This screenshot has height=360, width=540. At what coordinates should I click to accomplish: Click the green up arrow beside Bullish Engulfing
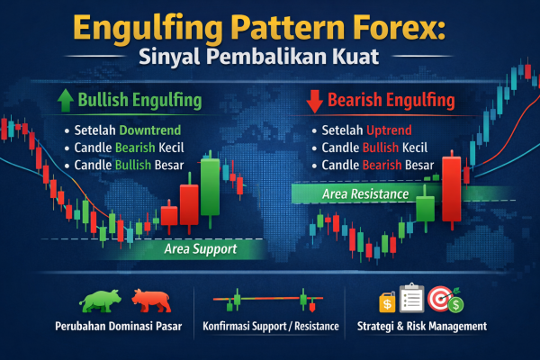64,100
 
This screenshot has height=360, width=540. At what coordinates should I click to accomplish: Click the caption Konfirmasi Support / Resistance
271,326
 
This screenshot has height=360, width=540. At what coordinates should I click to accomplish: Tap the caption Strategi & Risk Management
423,326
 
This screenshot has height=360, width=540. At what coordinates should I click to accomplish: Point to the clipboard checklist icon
413,298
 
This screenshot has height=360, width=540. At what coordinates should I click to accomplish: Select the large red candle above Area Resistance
453,180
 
